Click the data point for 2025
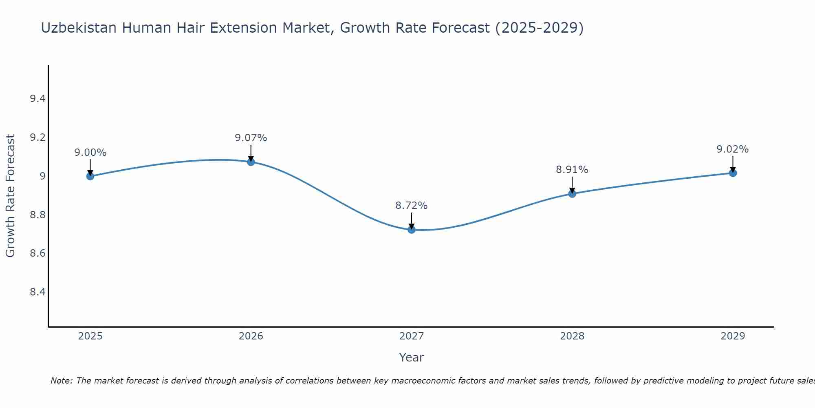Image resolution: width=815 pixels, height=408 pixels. (x=90, y=176)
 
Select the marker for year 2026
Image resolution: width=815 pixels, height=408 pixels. (x=251, y=162)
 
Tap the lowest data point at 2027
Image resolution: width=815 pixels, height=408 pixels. (x=412, y=230)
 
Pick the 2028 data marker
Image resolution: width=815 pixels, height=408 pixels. (x=572, y=193)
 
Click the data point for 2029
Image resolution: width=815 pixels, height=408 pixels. (x=733, y=173)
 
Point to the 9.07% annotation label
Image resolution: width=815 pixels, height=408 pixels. (x=251, y=138)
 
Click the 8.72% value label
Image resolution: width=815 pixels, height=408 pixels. (x=412, y=206)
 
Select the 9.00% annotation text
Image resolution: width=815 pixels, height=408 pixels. (x=90, y=153)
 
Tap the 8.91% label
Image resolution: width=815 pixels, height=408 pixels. (x=572, y=170)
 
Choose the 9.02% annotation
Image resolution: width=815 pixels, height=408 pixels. (x=733, y=149)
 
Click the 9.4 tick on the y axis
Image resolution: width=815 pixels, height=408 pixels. (x=38, y=99)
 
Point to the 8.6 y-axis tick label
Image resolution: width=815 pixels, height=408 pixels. (x=38, y=253)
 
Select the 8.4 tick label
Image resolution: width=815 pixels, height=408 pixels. (x=38, y=292)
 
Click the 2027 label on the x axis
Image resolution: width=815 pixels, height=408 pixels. (x=412, y=336)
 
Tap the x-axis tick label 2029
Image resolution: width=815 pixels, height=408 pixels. (x=733, y=336)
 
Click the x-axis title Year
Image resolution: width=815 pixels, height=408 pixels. (x=412, y=357)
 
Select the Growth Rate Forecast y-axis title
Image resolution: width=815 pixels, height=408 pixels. (x=10, y=196)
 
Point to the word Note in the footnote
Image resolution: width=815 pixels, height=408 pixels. (x=61, y=381)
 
